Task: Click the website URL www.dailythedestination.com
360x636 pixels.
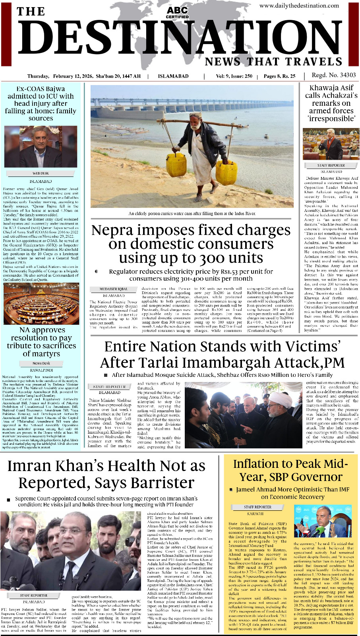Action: point(299,6)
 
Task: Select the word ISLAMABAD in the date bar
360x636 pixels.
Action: point(173,76)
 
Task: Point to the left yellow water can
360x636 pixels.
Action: point(176,165)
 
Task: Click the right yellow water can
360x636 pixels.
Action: point(226,173)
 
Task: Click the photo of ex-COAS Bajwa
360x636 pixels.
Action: point(41,147)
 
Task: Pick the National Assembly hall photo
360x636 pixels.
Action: point(41,304)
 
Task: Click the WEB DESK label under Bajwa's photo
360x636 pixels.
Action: point(41,173)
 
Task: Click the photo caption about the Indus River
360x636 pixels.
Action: point(192,213)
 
